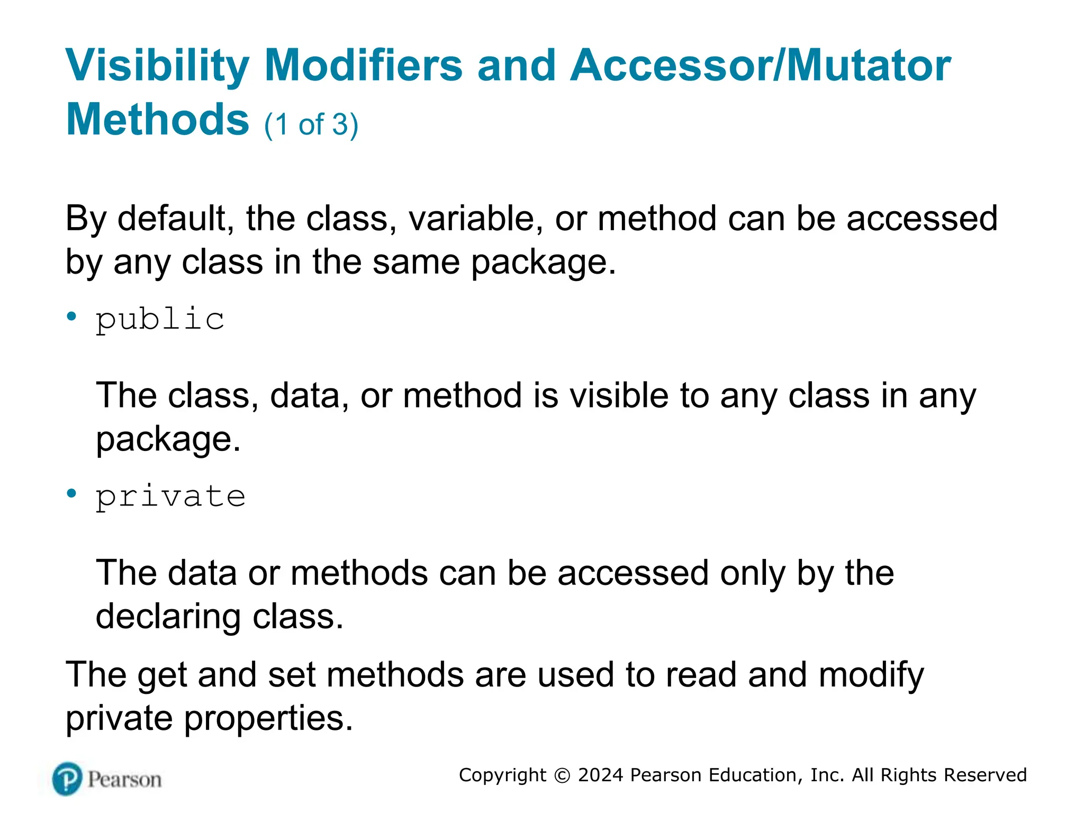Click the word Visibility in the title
157,66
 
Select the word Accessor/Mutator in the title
761,66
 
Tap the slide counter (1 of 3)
311,124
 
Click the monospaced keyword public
160,319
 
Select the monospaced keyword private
170,496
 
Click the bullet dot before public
71,317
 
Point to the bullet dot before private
71,494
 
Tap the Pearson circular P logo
68,779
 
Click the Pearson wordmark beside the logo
124,780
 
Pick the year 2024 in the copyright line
601,775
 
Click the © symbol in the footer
562,775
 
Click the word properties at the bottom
268,719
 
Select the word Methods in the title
157,120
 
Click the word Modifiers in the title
363,66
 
